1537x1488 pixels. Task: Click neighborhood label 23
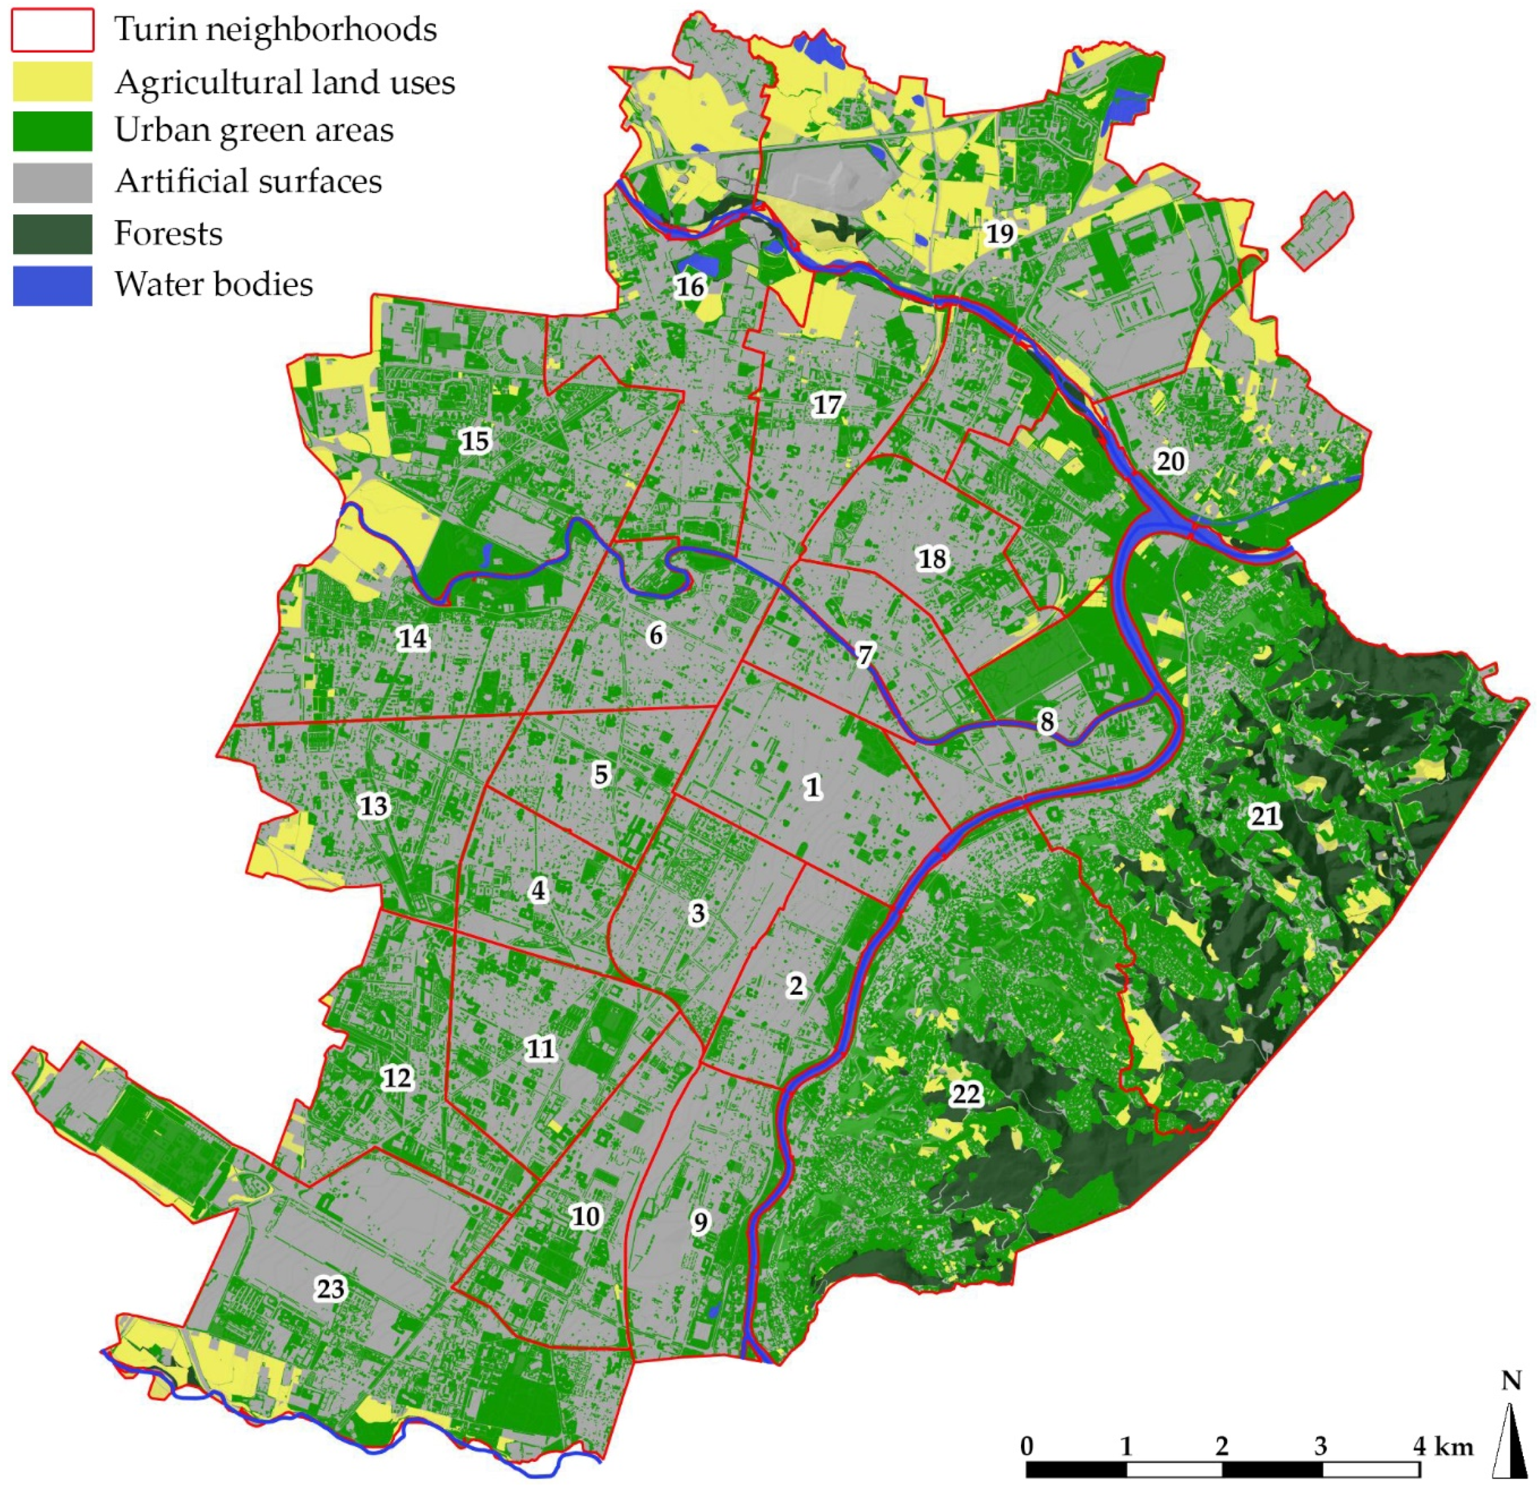point(330,1289)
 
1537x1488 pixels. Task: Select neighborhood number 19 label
point(1000,233)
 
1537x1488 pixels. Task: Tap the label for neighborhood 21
point(1265,816)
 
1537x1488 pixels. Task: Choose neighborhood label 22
point(966,1093)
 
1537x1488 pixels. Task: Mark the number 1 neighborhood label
point(812,786)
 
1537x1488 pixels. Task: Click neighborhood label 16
point(690,286)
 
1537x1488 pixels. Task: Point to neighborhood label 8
point(1047,721)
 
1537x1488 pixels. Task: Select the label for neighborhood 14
point(413,639)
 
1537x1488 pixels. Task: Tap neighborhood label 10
point(586,1216)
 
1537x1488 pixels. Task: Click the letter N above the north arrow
point(1511,1380)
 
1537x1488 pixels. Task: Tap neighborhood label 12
point(397,1078)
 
